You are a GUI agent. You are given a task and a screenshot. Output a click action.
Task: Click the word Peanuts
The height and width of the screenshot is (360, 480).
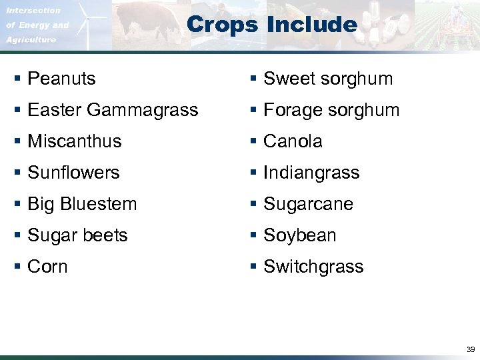(x=61, y=79)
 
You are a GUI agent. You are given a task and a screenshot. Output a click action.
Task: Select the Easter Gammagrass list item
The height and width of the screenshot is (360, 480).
(x=113, y=110)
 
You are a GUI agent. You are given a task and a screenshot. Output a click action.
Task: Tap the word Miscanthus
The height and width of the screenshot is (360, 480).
(x=75, y=141)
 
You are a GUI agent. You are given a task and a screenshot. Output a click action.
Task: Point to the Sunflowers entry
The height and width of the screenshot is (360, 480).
(x=73, y=173)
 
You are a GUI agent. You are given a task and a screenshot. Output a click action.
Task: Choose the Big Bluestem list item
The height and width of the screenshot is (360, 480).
(x=82, y=204)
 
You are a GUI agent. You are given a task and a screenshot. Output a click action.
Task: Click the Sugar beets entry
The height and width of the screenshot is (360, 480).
(x=77, y=235)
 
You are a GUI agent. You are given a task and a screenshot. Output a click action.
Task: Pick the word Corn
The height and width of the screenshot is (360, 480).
(x=47, y=267)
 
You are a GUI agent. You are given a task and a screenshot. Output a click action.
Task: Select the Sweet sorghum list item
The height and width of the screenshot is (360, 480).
(x=328, y=79)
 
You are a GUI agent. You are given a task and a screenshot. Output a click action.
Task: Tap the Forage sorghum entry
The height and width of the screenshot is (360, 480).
(x=331, y=110)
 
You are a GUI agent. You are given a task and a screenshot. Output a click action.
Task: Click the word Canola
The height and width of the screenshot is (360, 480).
(x=293, y=141)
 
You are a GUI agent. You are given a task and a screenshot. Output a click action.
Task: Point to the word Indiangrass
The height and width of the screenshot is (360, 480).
(x=311, y=173)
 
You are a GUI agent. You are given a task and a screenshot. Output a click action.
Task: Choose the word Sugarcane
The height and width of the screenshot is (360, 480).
(x=308, y=204)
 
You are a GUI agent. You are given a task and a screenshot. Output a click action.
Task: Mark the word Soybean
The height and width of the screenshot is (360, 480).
(x=300, y=235)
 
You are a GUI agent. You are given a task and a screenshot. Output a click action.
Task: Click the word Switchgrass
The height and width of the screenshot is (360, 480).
(x=313, y=267)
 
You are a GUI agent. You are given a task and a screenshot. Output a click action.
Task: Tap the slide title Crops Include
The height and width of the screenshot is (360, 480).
(x=272, y=25)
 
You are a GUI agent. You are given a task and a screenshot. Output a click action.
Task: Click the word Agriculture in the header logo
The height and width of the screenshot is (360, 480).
(x=31, y=40)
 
